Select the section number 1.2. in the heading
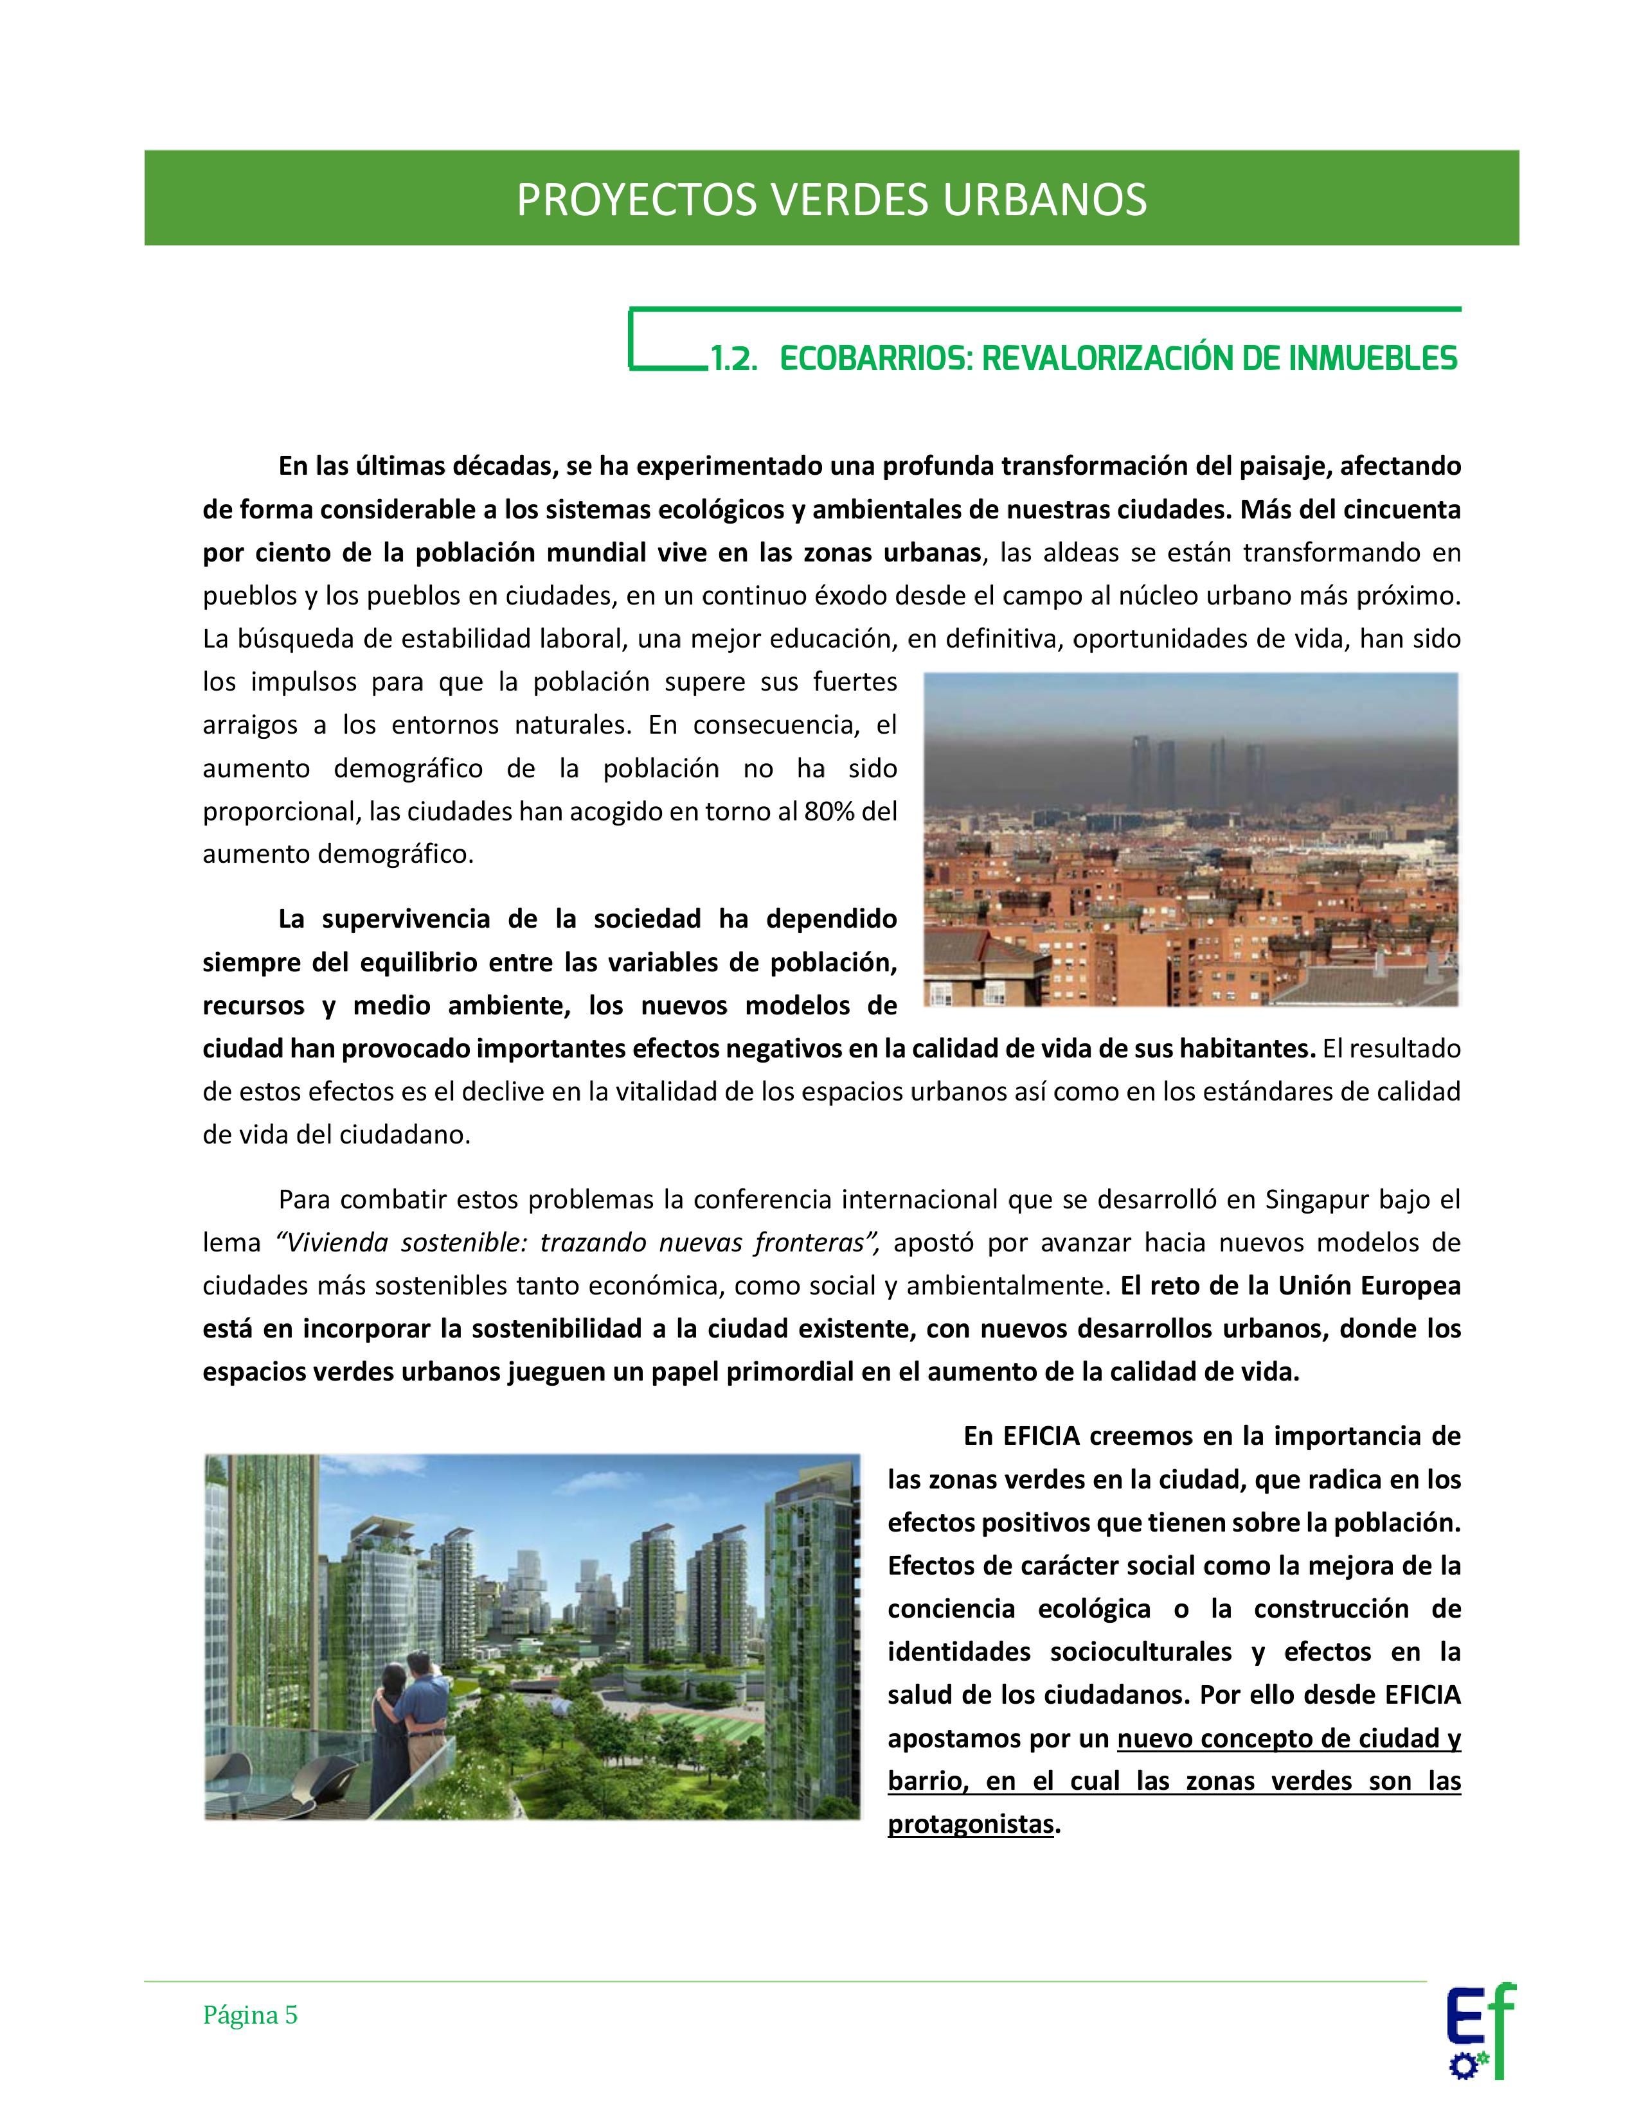pyautogui.click(x=733, y=358)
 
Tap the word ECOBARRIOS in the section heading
pyautogui.click(x=873, y=358)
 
